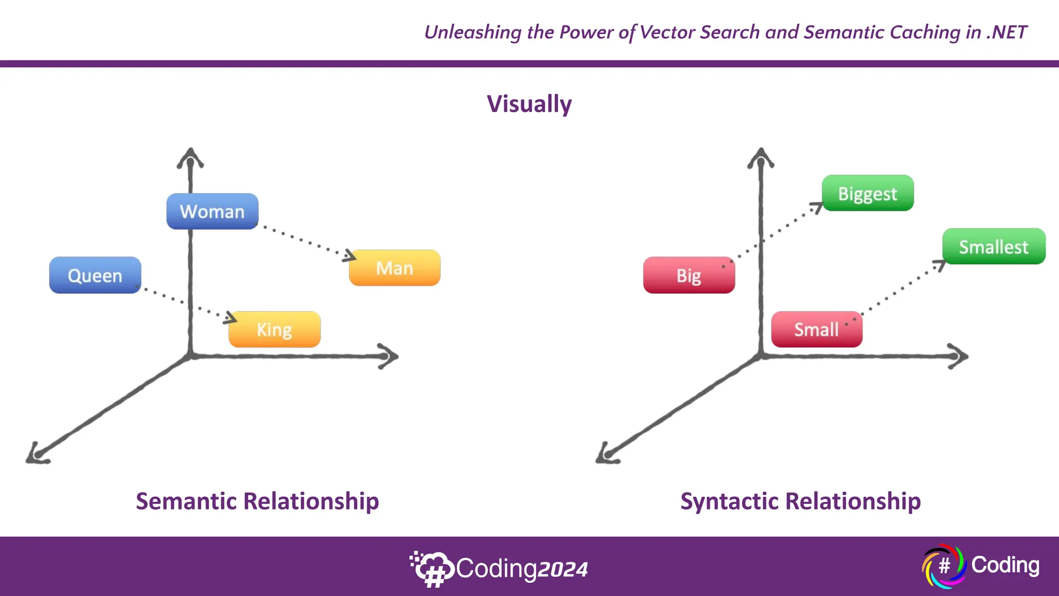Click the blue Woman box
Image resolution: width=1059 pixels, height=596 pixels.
(212, 211)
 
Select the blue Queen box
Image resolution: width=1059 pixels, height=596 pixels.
(95, 275)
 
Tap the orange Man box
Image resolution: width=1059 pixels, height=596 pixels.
(395, 268)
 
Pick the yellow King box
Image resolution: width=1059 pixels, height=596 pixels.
(275, 330)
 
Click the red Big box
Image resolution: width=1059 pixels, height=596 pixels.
(689, 275)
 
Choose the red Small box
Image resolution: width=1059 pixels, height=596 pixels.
(816, 330)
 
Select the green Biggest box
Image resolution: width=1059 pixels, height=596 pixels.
(868, 193)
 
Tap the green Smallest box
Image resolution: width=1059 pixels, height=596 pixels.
(993, 247)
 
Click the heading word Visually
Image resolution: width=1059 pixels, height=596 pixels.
(529, 104)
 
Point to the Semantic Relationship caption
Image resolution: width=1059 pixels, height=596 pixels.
(257, 501)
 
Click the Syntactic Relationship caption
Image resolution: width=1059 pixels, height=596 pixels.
(800, 501)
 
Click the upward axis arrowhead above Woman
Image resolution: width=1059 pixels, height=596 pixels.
(190, 157)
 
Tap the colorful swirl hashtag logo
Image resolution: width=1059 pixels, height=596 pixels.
(944, 565)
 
